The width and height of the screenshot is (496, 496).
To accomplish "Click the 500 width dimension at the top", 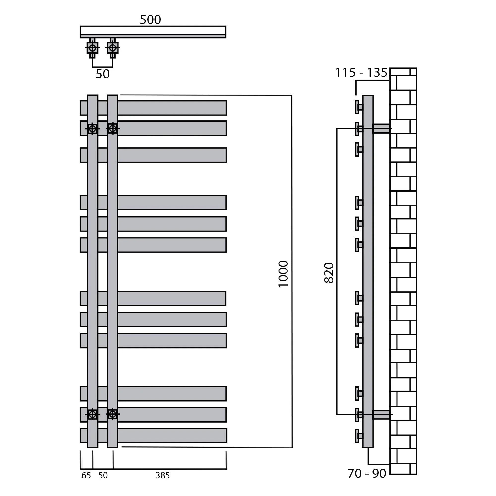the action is coord(151,20).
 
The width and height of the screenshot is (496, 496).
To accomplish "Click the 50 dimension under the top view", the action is coord(103,74).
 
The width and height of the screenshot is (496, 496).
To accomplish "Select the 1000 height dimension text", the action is coord(283,274).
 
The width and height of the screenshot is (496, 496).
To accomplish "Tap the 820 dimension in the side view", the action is coord(329,273).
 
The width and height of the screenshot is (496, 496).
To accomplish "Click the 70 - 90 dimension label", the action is coord(367,474).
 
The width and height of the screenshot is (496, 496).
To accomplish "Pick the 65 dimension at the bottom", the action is coord(86,475).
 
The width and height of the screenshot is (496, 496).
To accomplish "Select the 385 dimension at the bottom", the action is coord(162,475).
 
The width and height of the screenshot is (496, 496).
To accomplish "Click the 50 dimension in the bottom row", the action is coord(103,475).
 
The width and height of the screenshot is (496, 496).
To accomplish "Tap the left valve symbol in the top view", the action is coord(93,48).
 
